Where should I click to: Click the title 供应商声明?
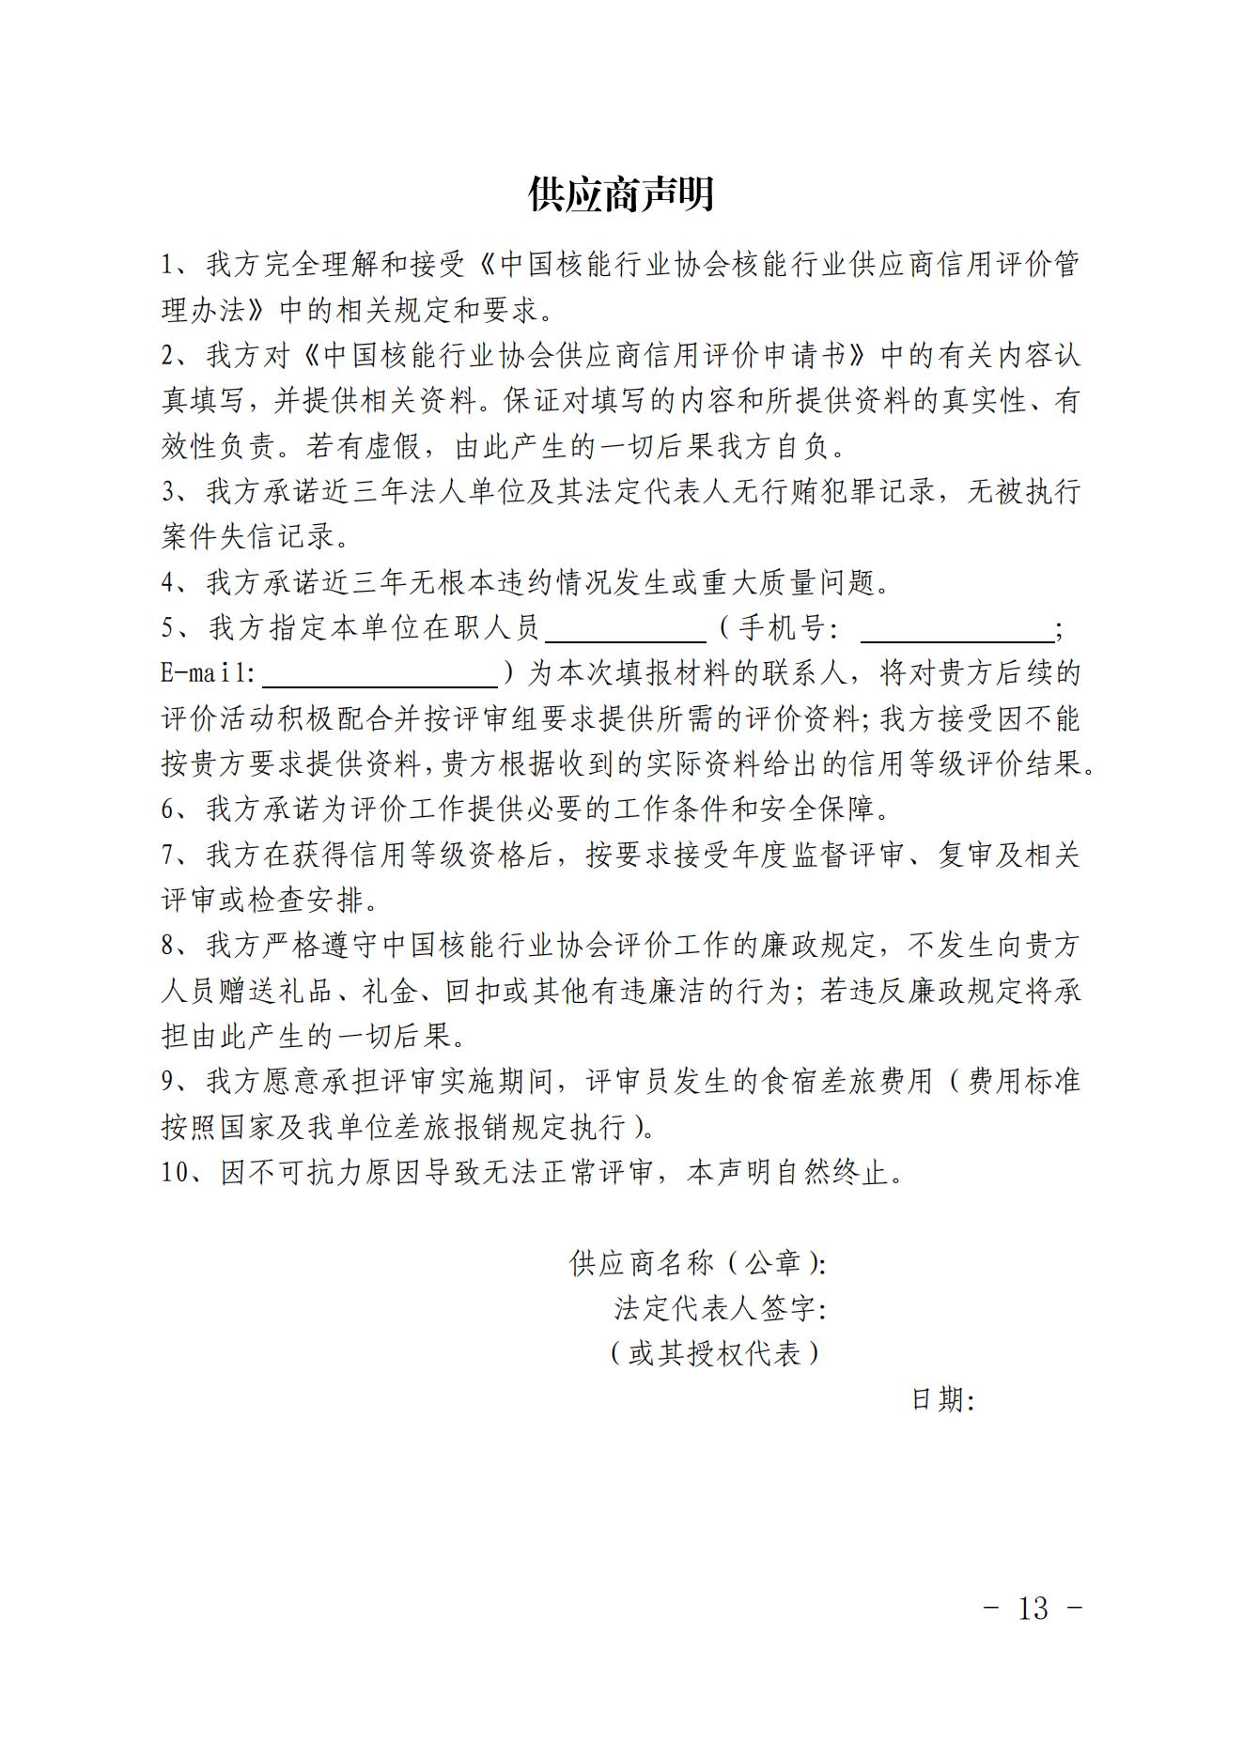click(621, 193)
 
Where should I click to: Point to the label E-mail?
click(207, 673)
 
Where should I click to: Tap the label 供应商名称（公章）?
click(697, 1264)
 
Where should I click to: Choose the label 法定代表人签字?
click(719, 1309)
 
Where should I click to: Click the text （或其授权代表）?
click(715, 1353)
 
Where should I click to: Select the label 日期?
click(942, 1400)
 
